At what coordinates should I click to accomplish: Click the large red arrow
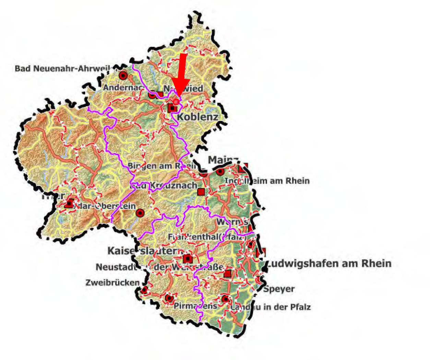182,73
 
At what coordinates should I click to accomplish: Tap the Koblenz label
197,117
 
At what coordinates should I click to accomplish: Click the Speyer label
279,289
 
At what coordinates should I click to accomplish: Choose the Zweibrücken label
112,283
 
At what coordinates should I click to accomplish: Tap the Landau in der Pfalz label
270,307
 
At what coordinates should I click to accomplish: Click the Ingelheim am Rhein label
267,181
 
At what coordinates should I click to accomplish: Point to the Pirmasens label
195,306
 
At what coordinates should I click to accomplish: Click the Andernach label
123,88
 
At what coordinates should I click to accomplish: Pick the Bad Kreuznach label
164,186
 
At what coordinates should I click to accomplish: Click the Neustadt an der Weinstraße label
160,267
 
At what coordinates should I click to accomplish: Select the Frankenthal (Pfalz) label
207,237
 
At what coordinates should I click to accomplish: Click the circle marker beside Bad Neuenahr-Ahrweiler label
123,75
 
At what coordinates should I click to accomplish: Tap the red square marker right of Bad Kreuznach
201,191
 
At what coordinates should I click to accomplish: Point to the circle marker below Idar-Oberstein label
140,213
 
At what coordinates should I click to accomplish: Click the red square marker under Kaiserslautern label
188,259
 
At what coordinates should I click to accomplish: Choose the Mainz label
223,160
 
